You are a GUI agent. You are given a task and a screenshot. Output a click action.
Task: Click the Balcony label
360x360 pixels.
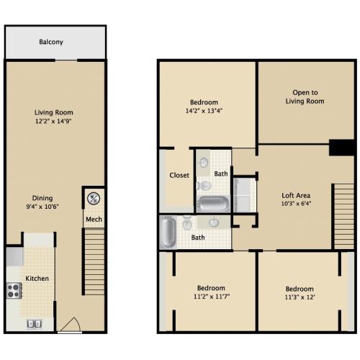51,42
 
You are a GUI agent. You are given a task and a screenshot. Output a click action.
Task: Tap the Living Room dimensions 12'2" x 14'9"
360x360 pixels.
53,121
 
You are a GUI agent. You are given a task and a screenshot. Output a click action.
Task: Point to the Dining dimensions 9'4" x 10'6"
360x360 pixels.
42,207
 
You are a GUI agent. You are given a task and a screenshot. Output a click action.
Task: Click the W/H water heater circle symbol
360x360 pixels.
94,199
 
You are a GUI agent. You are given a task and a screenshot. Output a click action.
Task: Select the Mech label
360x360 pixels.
94,219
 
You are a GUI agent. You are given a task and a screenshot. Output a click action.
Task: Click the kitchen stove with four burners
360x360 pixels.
14,291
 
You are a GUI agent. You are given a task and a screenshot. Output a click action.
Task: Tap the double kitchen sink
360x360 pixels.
34,324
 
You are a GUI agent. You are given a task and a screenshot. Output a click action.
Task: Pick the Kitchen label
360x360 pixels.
37,279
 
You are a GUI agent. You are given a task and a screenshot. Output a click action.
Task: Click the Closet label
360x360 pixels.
179,175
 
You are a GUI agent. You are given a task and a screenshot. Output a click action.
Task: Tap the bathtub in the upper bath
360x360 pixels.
213,204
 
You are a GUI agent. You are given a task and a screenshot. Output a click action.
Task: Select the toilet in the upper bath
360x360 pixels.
204,186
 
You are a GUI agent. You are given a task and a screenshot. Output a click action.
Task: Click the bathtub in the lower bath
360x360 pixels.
168,233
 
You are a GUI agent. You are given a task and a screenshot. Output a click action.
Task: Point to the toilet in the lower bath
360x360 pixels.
187,222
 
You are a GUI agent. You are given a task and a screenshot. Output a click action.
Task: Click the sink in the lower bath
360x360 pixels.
214,222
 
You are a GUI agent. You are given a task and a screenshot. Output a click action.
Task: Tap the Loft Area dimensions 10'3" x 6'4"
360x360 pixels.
296,204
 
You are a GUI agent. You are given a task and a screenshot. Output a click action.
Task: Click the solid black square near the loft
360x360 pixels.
341,148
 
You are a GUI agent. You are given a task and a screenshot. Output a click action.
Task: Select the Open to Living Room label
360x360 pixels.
305,96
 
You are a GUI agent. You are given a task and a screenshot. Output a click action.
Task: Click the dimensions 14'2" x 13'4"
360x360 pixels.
204,111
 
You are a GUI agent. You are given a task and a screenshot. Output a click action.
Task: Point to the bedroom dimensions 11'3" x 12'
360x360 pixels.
300,297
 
